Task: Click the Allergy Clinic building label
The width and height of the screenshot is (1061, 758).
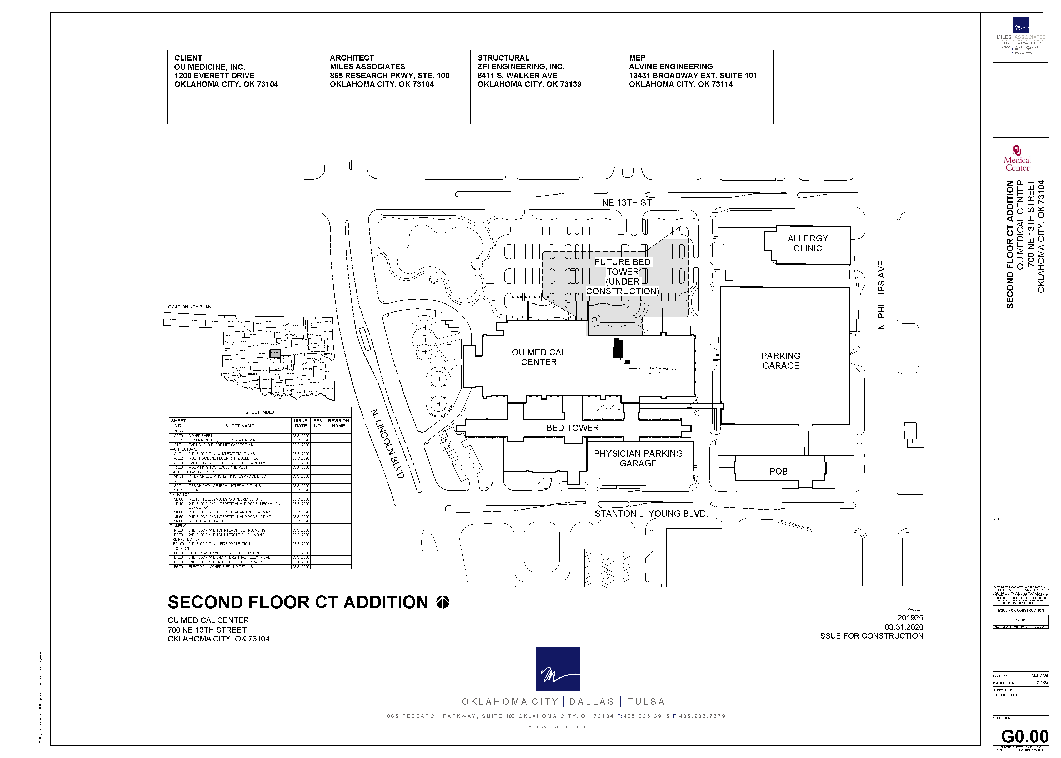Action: pyautogui.click(x=808, y=243)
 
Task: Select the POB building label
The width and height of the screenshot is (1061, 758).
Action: pyautogui.click(x=778, y=471)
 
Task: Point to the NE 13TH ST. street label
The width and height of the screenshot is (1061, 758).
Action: pyautogui.click(x=628, y=203)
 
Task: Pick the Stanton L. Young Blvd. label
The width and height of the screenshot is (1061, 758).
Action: pyautogui.click(x=651, y=513)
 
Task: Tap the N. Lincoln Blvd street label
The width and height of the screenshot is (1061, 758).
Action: pyautogui.click(x=387, y=443)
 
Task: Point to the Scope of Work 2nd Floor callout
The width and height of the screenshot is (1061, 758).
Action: pyautogui.click(x=657, y=371)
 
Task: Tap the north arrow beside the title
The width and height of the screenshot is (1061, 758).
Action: pyautogui.click(x=443, y=602)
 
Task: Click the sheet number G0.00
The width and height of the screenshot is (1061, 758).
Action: pyautogui.click(x=1025, y=736)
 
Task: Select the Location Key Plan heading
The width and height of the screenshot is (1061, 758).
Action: pyautogui.click(x=188, y=307)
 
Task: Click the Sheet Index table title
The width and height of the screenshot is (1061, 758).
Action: pyautogui.click(x=260, y=412)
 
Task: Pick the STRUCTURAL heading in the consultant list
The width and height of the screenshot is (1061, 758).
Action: pyautogui.click(x=503, y=58)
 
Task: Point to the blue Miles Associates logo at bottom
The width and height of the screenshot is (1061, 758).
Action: pyautogui.click(x=558, y=669)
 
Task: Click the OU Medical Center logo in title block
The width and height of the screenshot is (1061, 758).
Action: pyautogui.click(x=1017, y=159)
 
